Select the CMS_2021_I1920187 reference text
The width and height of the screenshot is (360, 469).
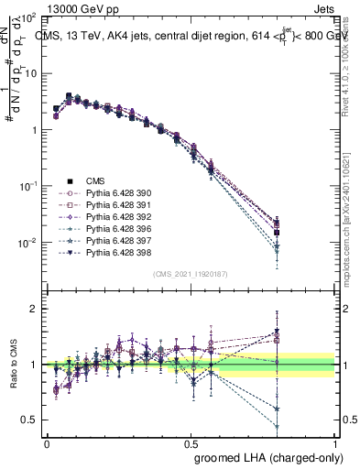[x=191, y=274]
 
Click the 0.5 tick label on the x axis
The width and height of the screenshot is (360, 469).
[x=190, y=442]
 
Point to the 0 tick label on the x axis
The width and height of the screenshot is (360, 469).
[x=47, y=442]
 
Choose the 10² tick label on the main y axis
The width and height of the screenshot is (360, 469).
[x=28, y=18]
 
